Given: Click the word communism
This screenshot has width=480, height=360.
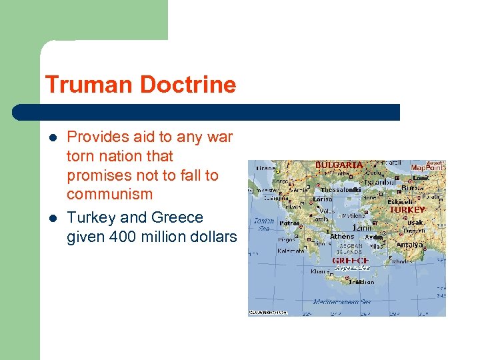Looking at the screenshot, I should click(109, 195).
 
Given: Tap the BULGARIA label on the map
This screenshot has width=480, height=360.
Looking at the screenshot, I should click(339, 165).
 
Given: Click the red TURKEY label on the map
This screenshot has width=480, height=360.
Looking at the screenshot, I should click(407, 209).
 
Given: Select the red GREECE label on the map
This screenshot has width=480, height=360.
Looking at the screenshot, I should click(350, 260).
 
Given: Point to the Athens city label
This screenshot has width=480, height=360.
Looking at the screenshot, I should click(342, 236).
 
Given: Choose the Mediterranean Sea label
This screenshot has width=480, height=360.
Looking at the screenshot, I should click(341, 301).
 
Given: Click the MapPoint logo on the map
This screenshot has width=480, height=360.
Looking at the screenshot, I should click(426, 167).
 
